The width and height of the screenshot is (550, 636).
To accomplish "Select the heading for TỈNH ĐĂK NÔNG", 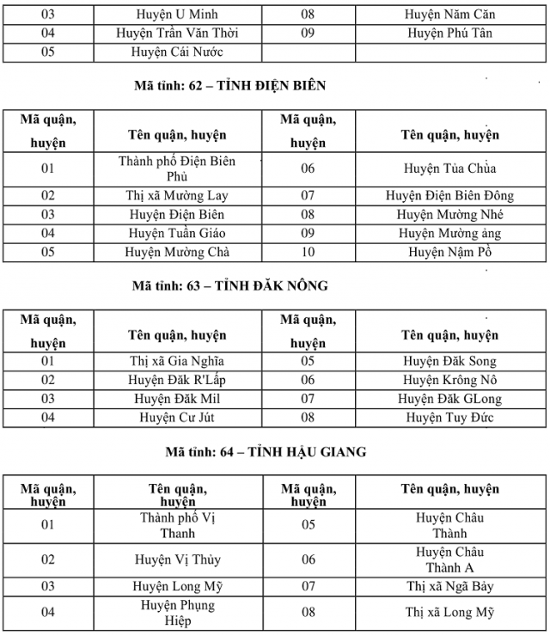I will coord(230,285).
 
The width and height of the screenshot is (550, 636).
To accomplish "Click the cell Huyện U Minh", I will coord(177,15).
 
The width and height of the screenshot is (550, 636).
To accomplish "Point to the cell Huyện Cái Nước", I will coord(177,52).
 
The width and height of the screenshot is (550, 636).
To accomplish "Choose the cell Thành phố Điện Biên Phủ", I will coord(177,168).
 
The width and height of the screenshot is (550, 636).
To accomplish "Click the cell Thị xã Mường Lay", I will coord(177,196).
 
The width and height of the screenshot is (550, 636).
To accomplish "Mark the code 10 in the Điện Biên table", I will coord(308,252).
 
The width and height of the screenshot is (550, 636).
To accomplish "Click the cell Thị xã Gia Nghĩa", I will coord(177,361).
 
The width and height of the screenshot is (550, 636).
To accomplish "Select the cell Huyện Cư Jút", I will coord(177,418).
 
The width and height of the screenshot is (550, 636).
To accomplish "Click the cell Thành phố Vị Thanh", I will coord(177,525).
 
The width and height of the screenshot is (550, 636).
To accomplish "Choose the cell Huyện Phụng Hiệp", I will coord(177,613).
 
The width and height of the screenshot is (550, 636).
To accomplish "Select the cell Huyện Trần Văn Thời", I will coord(177,33).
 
